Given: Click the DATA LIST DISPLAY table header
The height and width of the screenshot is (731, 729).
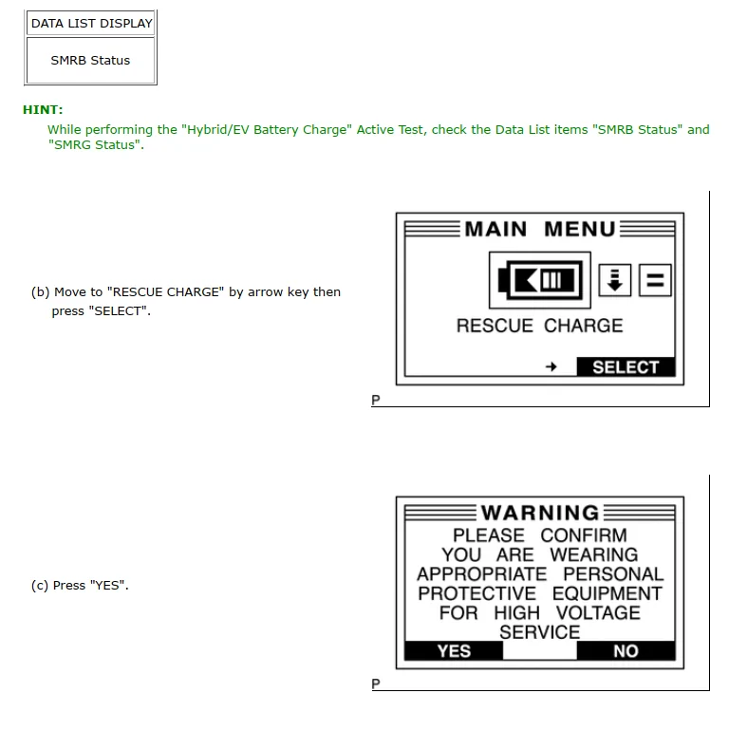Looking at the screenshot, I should click(91, 23).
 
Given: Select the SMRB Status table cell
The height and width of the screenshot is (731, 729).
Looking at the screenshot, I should click(90, 60).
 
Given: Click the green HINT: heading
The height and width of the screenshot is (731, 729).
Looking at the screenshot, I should click(43, 110).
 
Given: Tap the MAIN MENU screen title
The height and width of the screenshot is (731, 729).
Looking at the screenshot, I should click(539, 229).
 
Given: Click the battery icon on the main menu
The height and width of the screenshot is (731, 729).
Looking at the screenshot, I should click(539, 280).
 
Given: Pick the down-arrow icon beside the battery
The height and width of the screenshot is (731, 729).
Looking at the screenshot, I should click(615, 280).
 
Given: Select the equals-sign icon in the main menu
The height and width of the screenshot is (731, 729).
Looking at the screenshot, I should click(655, 280).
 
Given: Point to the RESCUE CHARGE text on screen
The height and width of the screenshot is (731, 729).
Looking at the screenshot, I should click(539, 326).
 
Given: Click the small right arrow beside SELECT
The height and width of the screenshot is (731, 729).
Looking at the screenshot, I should click(551, 367).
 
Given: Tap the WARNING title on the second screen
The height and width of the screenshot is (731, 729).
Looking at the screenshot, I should click(539, 514).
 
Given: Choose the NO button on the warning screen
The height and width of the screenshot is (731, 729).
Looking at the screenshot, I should click(626, 651).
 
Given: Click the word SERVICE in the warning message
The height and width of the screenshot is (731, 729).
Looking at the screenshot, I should click(539, 631).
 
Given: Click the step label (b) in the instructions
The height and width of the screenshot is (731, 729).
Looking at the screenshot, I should click(40, 292).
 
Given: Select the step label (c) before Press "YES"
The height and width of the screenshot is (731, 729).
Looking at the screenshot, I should click(39, 586).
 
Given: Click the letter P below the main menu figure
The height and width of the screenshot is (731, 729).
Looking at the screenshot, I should click(375, 401).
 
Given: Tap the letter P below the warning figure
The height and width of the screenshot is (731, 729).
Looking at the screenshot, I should click(375, 684).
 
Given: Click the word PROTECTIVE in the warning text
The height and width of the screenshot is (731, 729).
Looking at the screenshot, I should click(477, 593).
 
